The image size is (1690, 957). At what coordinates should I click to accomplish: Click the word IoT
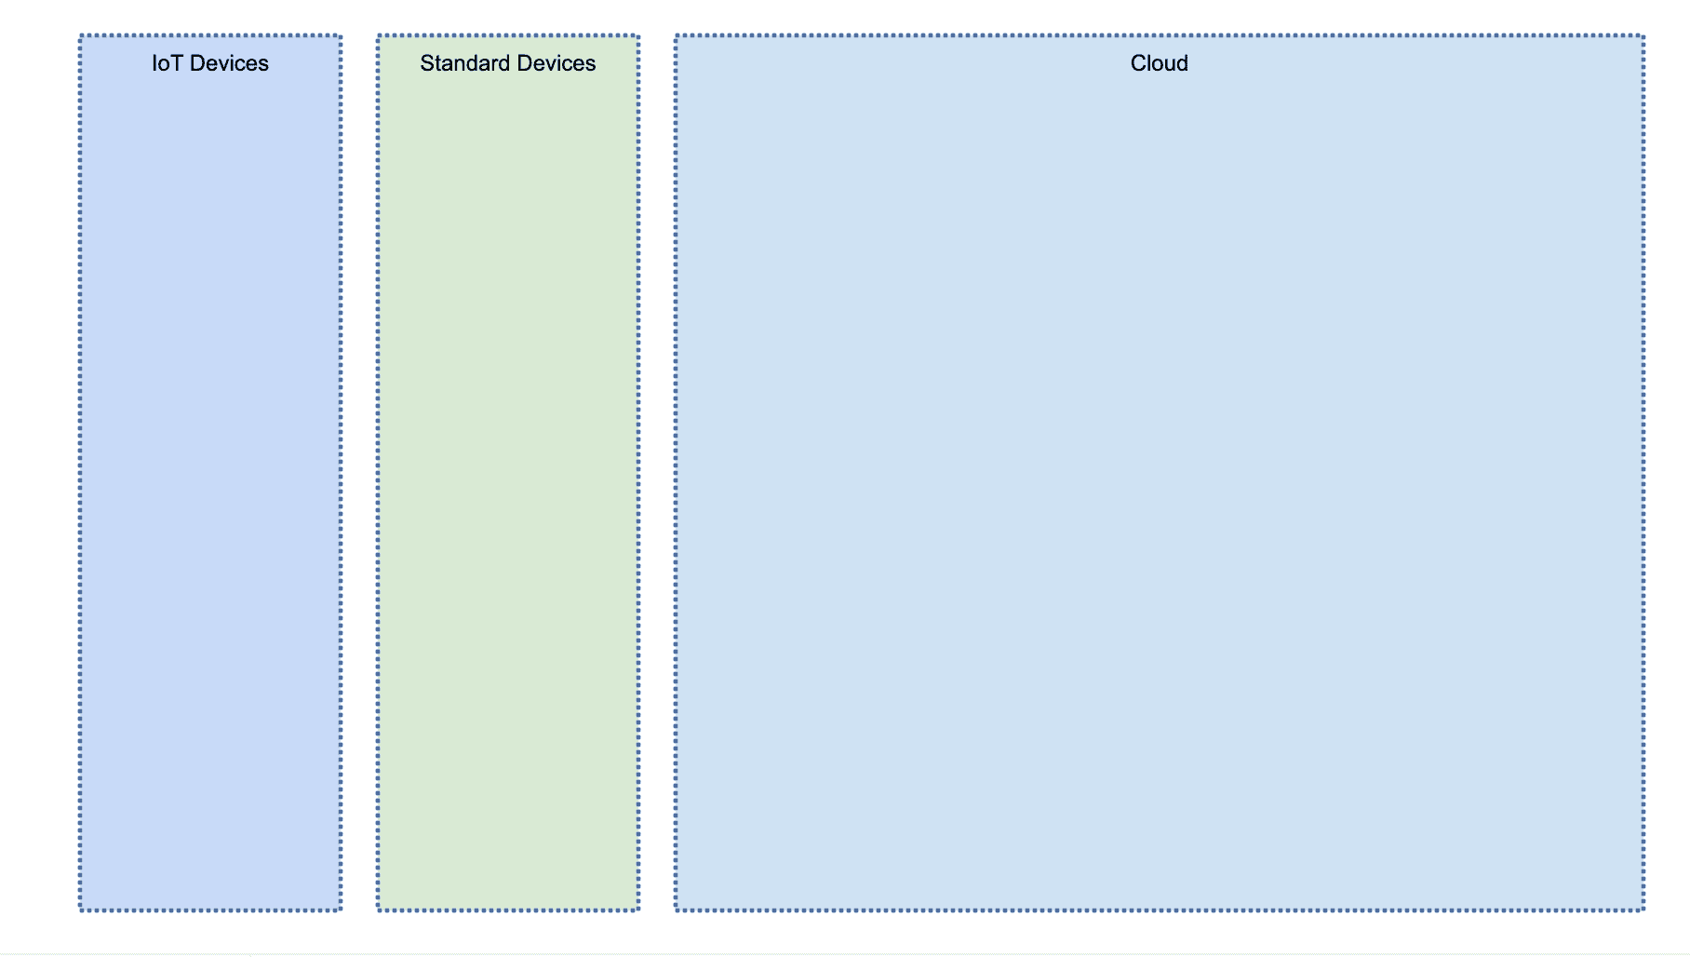[x=167, y=63]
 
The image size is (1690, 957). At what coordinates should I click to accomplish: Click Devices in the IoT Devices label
[x=229, y=63]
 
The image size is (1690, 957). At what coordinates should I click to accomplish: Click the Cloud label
[x=1159, y=63]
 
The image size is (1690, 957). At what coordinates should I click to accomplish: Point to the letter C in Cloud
[x=1137, y=63]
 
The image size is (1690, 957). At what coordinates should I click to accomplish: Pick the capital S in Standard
[x=426, y=63]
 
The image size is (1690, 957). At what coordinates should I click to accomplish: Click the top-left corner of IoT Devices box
[x=80, y=36]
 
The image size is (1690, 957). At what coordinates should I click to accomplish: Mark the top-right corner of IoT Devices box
[x=342, y=36]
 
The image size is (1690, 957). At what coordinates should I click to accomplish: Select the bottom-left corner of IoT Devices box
[x=80, y=910]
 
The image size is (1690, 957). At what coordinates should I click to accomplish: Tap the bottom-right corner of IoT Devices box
[x=342, y=910]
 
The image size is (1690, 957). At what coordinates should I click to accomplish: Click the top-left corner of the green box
[x=378, y=36]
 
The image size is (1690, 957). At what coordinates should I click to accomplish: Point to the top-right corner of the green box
[x=639, y=36]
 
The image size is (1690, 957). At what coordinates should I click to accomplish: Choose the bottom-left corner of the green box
[x=378, y=910]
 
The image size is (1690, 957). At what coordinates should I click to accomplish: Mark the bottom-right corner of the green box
[x=639, y=910]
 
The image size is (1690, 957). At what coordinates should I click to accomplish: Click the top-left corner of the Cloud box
[x=676, y=36]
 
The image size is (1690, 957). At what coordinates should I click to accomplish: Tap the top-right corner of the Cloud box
[x=1644, y=36]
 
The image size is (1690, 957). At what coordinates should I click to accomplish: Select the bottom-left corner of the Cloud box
[x=676, y=910]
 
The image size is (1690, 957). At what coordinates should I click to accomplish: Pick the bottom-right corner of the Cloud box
[x=1644, y=910]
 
